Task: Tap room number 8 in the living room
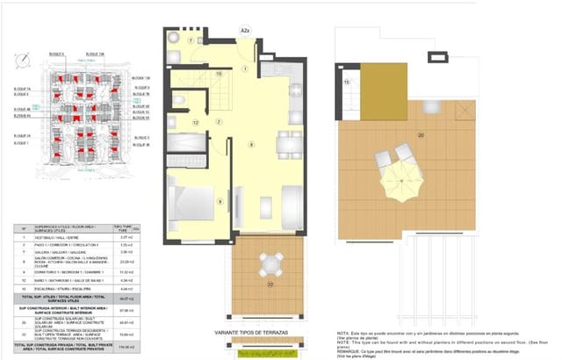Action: point(251,143)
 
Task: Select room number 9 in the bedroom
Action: point(220,201)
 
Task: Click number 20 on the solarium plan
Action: point(421,134)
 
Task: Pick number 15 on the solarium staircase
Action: point(347,82)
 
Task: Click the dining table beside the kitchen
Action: point(285,143)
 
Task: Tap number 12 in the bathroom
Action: point(195,122)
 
